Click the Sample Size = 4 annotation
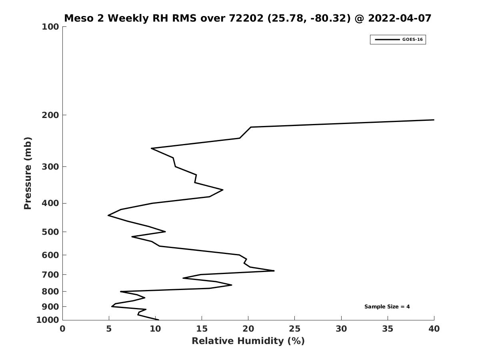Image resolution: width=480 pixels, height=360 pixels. pos(387,307)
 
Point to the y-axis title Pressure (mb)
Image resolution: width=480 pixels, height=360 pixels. pos(28,173)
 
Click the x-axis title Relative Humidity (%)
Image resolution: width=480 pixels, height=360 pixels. pos(248,341)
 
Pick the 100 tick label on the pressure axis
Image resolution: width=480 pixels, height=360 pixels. pos(50,27)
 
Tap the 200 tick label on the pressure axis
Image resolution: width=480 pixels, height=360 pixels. pos(50,115)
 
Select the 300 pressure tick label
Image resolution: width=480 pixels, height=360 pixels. pos(50,167)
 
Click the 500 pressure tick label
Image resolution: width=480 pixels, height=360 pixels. pos(50,232)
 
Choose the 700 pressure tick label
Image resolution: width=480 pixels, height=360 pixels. pos(50,275)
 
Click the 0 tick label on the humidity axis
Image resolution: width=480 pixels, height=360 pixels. pos(62,329)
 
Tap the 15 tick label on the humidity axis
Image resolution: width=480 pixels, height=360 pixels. pos(202,329)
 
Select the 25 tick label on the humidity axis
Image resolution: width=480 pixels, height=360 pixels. pos(294,329)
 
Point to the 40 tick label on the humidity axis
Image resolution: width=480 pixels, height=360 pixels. pos(434,329)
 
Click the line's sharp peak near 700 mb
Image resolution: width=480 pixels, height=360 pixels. pos(274,271)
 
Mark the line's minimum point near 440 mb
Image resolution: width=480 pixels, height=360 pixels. pos(108,215)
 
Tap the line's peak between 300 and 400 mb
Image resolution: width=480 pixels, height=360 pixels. pos(222,190)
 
